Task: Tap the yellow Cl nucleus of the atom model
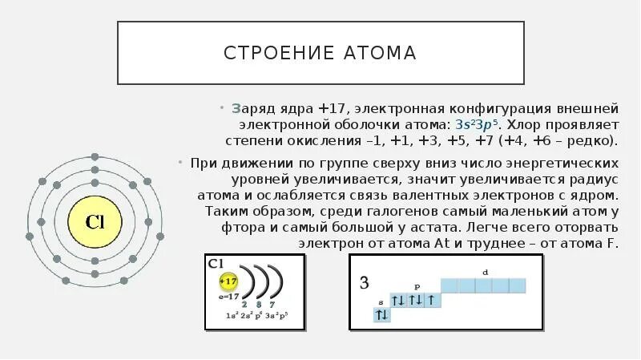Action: click(96, 222)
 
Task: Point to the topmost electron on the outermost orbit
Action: click(96, 157)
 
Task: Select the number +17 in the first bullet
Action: click(333, 108)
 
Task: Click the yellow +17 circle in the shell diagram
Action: click(229, 282)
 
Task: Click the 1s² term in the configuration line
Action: click(231, 315)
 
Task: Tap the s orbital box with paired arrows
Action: click(381, 316)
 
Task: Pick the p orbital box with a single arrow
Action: click(431, 301)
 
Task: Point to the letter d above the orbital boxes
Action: click(485, 273)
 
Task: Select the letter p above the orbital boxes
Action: click(416, 285)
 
